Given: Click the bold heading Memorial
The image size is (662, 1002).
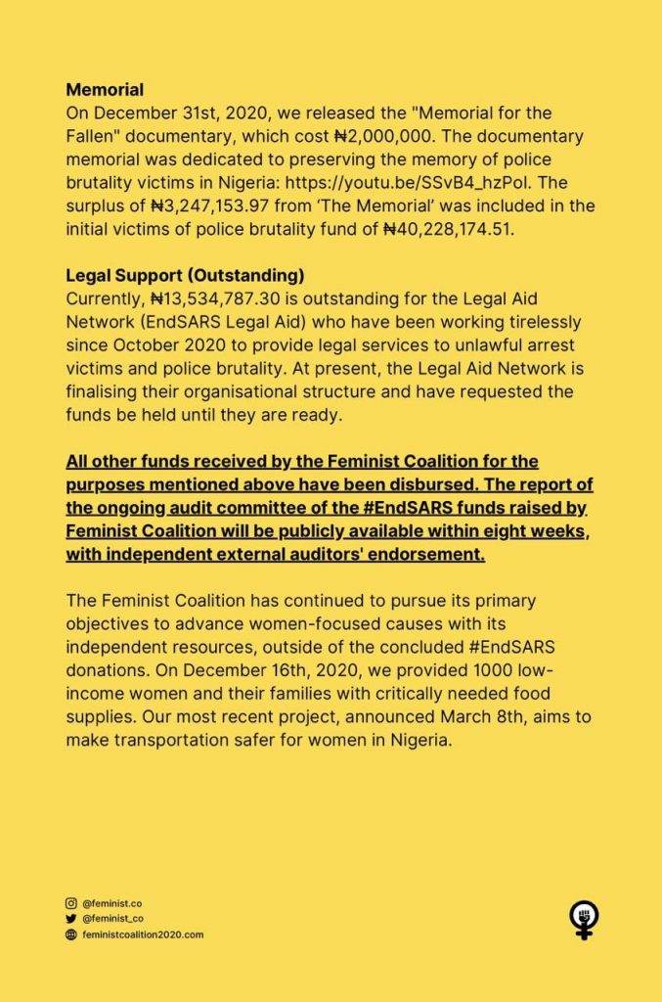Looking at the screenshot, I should (x=105, y=91).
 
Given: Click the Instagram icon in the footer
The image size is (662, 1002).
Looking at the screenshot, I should (x=70, y=903).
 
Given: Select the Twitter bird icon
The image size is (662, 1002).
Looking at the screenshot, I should (x=70, y=919).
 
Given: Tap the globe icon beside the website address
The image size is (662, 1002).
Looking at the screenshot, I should (x=70, y=934).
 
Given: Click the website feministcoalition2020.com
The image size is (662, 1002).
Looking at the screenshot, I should (x=143, y=934).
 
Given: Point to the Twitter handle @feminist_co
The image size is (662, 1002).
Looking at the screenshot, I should (x=113, y=919).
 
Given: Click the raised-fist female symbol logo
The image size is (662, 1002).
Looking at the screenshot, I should (x=584, y=920).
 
